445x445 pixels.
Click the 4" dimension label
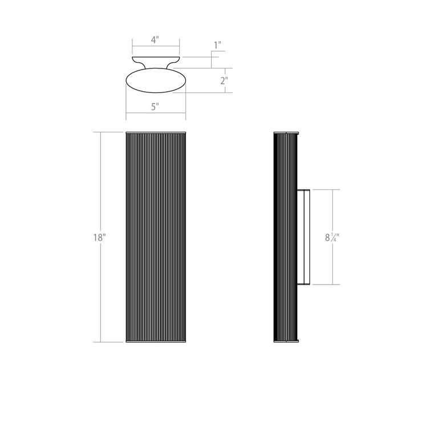[x=155, y=40]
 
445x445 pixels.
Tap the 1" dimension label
[x=217, y=45]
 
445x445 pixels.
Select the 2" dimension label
[x=224, y=80]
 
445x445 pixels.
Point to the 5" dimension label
[x=155, y=106]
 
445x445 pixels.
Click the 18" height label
[x=99, y=237]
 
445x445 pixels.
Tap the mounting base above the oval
[x=156, y=61]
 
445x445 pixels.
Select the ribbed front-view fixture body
[x=156, y=237]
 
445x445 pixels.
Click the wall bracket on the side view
[x=304, y=237]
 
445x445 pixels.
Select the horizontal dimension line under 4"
[x=156, y=47]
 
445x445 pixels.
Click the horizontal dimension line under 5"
[x=156, y=113]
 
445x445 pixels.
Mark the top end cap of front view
[x=156, y=133]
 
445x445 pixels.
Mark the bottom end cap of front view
[x=156, y=342]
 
